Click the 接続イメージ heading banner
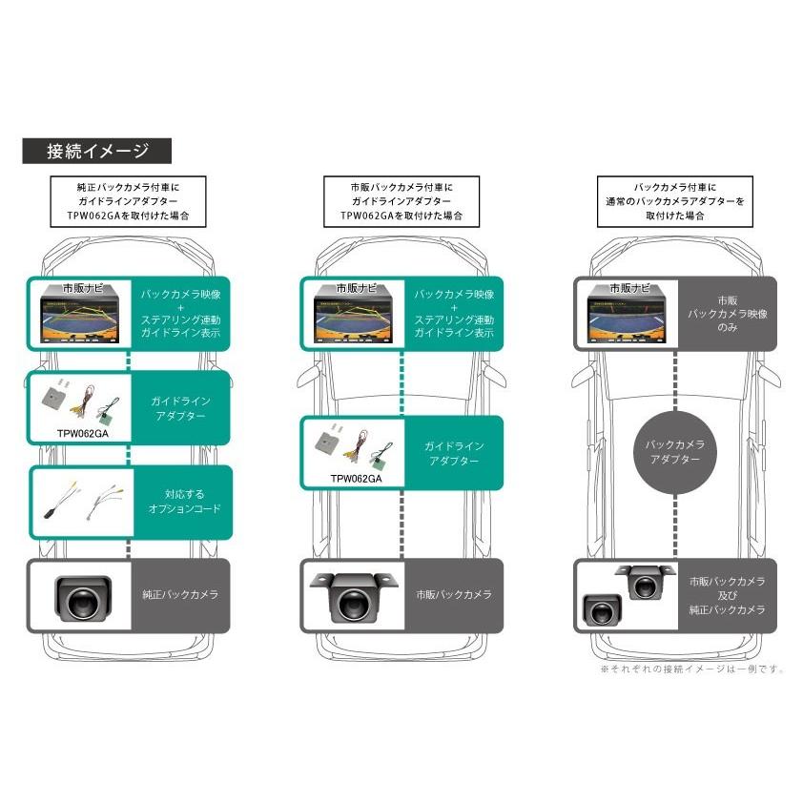96,151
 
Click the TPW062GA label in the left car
83,431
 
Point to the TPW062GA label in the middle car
355,480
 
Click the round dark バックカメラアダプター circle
674,452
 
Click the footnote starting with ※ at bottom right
691,669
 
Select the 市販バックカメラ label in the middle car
453,594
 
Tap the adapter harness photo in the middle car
354,446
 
